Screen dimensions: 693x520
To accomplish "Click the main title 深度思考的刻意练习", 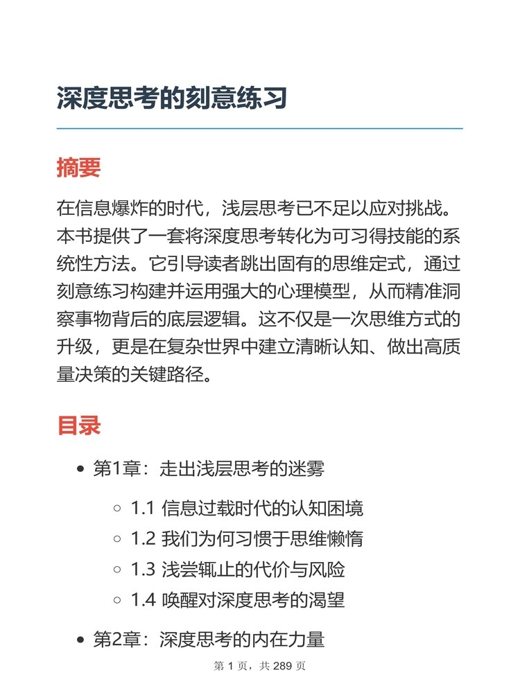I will (x=172, y=98).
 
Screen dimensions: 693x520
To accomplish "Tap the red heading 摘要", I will (x=78, y=167).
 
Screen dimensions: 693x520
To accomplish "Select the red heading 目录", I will (x=78, y=425).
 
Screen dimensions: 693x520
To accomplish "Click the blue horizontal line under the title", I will (x=259, y=128).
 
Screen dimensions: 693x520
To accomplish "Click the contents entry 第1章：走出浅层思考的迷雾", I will (x=209, y=469).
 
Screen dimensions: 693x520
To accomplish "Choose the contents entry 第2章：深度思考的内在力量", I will (x=209, y=639).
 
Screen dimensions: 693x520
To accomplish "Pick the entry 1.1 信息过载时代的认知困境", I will (x=247, y=509).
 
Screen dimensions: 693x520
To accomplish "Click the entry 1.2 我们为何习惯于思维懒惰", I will (x=247, y=539).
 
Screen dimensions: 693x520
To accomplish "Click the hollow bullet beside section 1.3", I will (x=117, y=570).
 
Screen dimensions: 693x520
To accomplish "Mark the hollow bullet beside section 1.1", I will (x=117, y=509).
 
